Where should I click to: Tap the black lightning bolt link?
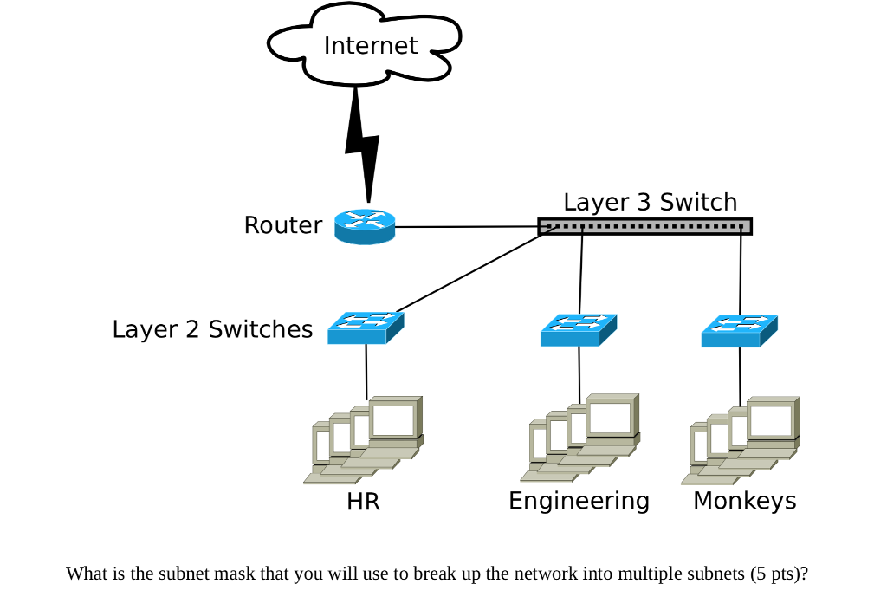pos(360,143)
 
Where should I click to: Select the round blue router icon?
pos(365,226)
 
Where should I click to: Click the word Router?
pos(282,225)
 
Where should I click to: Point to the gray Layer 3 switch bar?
pos(644,227)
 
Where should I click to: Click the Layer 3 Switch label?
pos(650,202)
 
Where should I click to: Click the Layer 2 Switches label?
pos(212,329)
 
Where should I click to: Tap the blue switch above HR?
pos(366,328)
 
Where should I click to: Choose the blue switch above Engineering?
pos(579,329)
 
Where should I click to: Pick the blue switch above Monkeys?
pos(739,330)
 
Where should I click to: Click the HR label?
pos(363,502)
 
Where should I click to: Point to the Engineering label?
pos(579,501)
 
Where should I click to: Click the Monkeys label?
pos(744,501)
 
